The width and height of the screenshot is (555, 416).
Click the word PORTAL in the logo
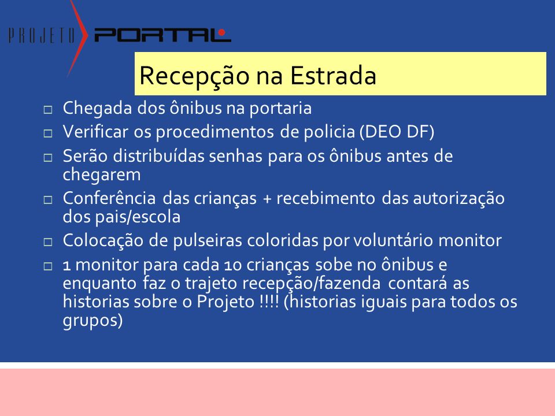click(162, 35)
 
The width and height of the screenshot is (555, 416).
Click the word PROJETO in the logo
click(42, 35)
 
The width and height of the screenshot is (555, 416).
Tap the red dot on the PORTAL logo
click(221, 32)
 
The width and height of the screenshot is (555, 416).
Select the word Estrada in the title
click(333, 75)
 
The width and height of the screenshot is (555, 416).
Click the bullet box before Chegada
click(48, 109)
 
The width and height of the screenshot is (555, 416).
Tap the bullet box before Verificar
click(48, 133)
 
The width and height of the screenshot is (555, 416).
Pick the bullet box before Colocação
click(48, 242)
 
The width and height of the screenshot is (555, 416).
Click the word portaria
click(281, 109)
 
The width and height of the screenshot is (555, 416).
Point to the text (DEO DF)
click(397, 132)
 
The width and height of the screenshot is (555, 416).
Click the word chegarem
click(102, 175)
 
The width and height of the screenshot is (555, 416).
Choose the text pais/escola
click(138, 217)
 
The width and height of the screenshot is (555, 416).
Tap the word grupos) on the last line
click(92, 321)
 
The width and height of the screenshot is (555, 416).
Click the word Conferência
click(109, 198)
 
